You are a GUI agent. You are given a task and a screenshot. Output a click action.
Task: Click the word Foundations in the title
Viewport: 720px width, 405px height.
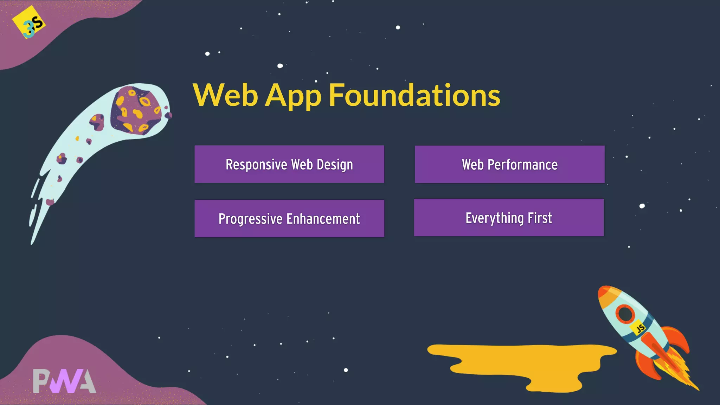(x=414, y=95)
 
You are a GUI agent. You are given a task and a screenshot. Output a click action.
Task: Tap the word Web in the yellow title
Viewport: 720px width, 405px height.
(x=225, y=95)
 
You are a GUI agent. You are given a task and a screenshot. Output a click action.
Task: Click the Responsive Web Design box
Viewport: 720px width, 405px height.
(x=289, y=164)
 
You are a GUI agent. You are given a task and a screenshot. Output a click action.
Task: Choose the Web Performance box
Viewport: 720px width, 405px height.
(x=509, y=164)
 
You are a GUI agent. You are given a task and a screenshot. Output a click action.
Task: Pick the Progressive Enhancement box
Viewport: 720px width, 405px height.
(x=289, y=218)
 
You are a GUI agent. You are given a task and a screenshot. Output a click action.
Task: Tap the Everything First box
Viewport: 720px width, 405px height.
(x=509, y=218)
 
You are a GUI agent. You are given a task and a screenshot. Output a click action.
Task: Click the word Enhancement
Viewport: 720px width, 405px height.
(x=323, y=219)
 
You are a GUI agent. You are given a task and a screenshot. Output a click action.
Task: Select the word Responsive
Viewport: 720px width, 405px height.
(x=256, y=165)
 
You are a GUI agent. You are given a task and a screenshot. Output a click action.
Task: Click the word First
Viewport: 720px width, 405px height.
(x=540, y=218)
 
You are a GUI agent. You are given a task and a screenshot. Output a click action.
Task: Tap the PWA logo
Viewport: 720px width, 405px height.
(x=64, y=381)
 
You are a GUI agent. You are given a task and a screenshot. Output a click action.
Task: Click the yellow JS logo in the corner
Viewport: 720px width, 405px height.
(x=29, y=22)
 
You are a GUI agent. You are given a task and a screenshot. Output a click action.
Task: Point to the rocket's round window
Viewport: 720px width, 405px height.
(x=625, y=313)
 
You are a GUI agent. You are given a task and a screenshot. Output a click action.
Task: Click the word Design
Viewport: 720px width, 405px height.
(x=335, y=165)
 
